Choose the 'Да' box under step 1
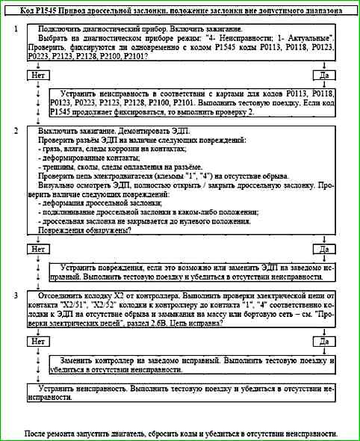(x=324, y=75)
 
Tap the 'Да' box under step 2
(x=324, y=248)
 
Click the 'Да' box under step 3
(x=324, y=340)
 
